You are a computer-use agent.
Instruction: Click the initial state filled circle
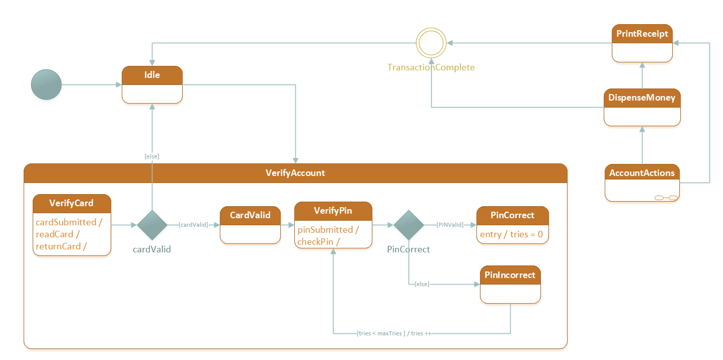pyautogui.click(x=46, y=84)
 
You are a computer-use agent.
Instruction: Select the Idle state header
pyautogui.click(x=152, y=75)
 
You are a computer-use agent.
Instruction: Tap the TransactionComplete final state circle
pyautogui.click(x=431, y=43)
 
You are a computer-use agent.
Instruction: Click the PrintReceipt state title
pyautogui.click(x=642, y=34)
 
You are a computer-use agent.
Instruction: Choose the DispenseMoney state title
pyautogui.click(x=641, y=98)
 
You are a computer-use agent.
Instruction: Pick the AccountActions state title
pyautogui.click(x=641, y=173)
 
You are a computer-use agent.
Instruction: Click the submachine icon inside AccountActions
pyautogui.click(x=666, y=198)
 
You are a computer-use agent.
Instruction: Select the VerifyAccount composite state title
pyautogui.click(x=295, y=173)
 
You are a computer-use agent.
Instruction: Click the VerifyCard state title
pyautogui.click(x=71, y=203)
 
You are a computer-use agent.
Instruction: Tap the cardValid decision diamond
pyautogui.click(x=152, y=225)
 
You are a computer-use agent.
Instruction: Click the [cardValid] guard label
pyautogui.click(x=193, y=225)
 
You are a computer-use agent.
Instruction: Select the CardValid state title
pyautogui.click(x=250, y=215)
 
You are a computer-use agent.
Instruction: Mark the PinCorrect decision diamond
pyautogui.click(x=408, y=225)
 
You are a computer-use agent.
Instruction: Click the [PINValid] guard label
pyautogui.click(x=450, y=225)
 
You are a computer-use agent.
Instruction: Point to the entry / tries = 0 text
pyautogui.click(x=511, y=234)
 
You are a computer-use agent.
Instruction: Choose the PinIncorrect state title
pyautogui.click(x=510, y=275)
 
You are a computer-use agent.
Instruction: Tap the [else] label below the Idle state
pyautogui.click(x=152, y=156)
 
